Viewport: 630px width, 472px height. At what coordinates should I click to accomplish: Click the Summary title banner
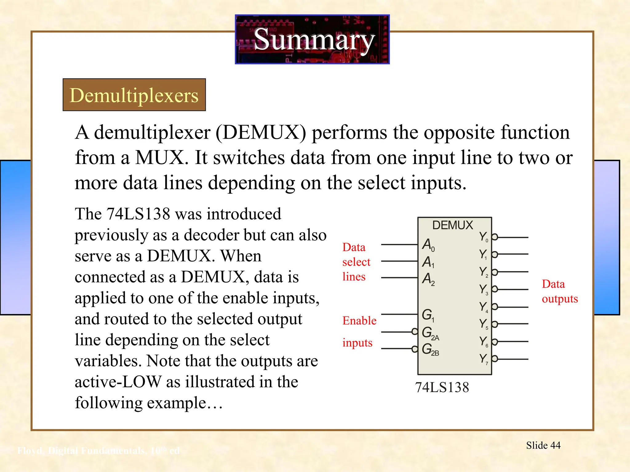(x=312, y=39)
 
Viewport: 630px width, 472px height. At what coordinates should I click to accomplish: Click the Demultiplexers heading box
(x=134, y=95)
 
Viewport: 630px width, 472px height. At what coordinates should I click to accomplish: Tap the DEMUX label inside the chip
(x=452, y=225)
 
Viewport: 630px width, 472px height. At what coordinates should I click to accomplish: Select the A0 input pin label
(x=428, y=245)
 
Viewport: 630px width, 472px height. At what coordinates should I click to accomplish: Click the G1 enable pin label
(x=428, y=315)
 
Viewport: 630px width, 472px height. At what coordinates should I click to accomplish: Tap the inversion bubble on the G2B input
(x=415, y=349)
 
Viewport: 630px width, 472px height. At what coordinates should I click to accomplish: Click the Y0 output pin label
(x=483, y=237)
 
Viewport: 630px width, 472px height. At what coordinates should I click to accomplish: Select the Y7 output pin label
(x=483, y=359)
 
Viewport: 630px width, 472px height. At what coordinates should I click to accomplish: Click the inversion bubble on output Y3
(x=495, y=289)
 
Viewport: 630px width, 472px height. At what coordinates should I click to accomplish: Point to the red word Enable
(x=359, y=321)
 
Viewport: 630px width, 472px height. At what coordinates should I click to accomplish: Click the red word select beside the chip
(x=356, y=262)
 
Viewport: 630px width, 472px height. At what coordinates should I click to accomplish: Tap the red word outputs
(x=560, y=299)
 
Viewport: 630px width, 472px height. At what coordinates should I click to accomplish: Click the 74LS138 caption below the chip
(x=442, y=387)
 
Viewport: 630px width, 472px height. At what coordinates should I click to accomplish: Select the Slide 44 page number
(x=543, y=445)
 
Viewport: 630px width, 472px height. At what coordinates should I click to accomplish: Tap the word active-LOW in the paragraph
(x=118, y=382)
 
